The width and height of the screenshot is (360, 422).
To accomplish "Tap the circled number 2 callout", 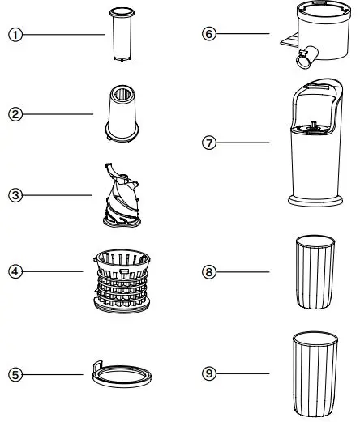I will click(x=14, y=114).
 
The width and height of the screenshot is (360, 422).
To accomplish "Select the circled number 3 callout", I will click(x=14, y=194).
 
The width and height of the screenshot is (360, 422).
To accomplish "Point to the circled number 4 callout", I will click(x=14, y=271).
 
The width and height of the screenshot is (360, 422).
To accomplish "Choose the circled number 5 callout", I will click(x=14, y=374).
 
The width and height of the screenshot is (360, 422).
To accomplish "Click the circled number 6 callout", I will click(x=210, y=34).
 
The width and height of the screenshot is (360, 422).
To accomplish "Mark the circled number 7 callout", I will click(x=210, y=143).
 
